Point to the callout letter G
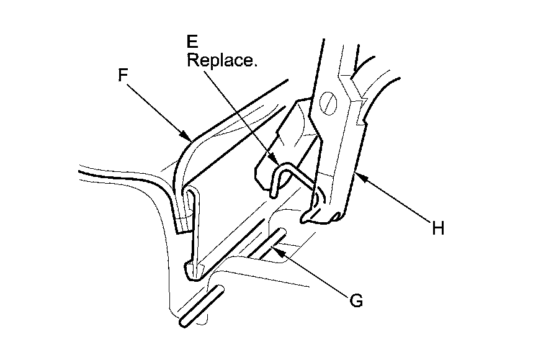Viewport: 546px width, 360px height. (x=356, y=300)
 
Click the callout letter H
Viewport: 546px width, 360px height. (x=439, y=229)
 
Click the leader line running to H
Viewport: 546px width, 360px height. (x=397, y=202)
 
